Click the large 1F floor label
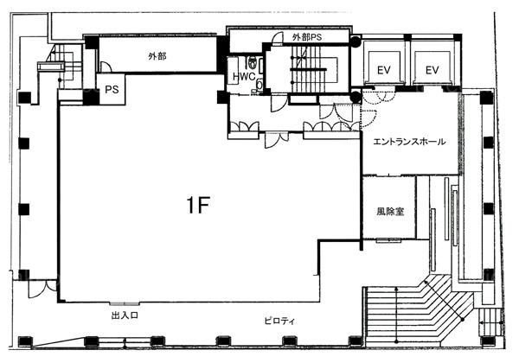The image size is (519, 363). point(198,205)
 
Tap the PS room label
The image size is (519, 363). point(112,89)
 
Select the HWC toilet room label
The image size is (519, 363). point(244,77)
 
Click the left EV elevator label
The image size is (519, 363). point(383,70)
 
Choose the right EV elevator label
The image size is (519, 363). point(432,70)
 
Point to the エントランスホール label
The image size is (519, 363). point(409,142)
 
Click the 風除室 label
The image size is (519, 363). point(390,211)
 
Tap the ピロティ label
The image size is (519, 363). point(279,321)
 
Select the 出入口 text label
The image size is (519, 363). point(125,315)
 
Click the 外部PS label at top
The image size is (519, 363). point(307,37)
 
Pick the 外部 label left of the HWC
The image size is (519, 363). point(157,56)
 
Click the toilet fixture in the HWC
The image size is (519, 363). point(253,62)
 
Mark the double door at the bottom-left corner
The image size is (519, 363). point(42,289)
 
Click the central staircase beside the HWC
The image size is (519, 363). point(306,69)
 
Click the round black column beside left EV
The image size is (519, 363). point(356,41)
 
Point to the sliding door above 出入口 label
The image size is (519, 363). point(125,303)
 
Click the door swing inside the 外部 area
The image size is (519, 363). point(106,67)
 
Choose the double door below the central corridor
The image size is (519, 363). point(277,140)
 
